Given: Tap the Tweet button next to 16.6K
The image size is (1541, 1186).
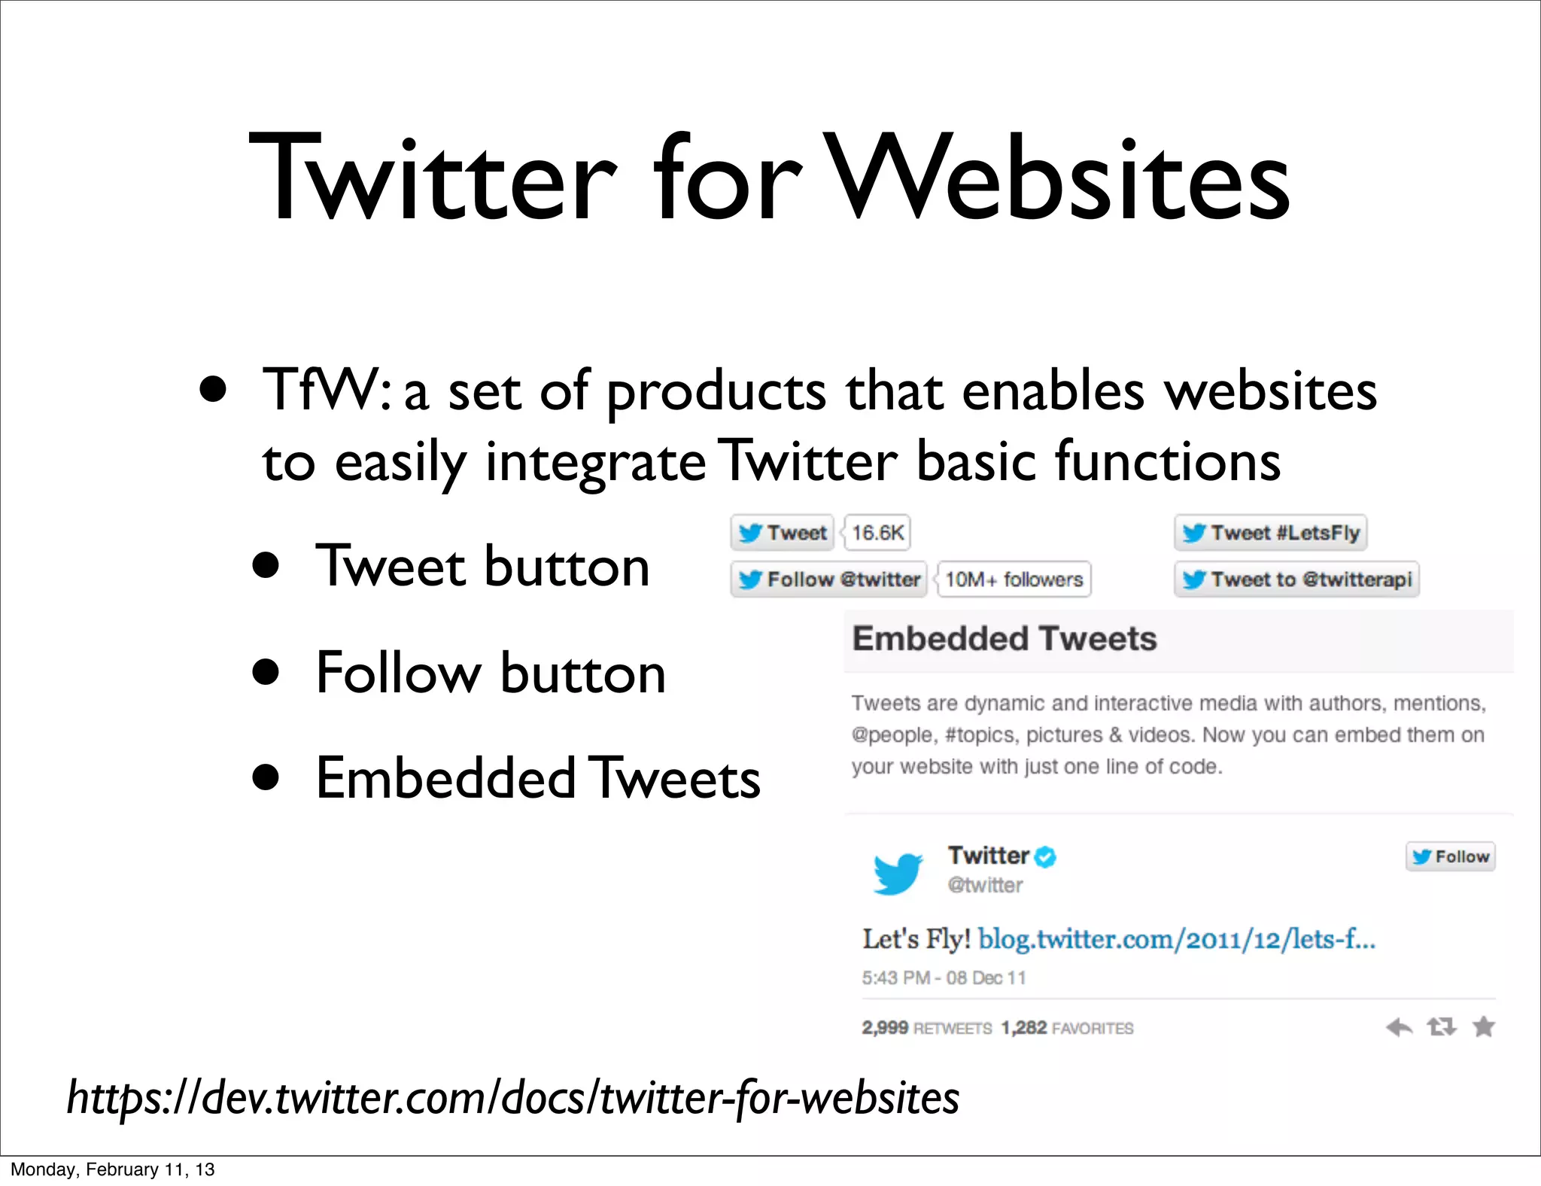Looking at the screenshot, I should [x=783, y=533].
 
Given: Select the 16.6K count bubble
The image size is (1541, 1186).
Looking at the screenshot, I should [x=877, y=533].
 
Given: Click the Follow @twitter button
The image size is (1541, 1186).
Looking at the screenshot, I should [x=828, y=579].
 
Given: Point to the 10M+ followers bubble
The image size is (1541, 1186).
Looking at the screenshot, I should [x=1014, y=579].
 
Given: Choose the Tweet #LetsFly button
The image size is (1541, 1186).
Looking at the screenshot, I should [x=1270, y=533].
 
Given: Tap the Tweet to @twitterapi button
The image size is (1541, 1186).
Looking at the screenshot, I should [x=1296, y=579].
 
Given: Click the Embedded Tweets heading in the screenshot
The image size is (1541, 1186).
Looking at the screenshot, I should [x=1004, y=639].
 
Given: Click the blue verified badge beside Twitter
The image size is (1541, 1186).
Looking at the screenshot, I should [x=1045, y=856].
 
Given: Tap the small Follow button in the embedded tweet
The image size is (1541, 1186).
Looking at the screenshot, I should [x=1450, y=856].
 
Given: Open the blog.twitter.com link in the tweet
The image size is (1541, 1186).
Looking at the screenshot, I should [x=1176, y=939].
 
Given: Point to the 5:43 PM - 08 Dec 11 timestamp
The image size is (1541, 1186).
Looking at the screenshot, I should [x=944, y=978].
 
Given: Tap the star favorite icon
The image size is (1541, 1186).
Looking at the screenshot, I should [x=1484, y=1026].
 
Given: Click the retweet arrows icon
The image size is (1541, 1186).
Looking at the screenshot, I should [x=1442, y=1026].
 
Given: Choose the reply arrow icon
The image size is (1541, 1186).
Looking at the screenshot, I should [x=1400, y=1026].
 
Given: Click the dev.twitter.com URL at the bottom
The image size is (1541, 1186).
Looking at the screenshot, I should [x=513, y=1098].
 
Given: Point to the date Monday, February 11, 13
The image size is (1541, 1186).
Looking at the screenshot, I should [x=113, y=1169].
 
